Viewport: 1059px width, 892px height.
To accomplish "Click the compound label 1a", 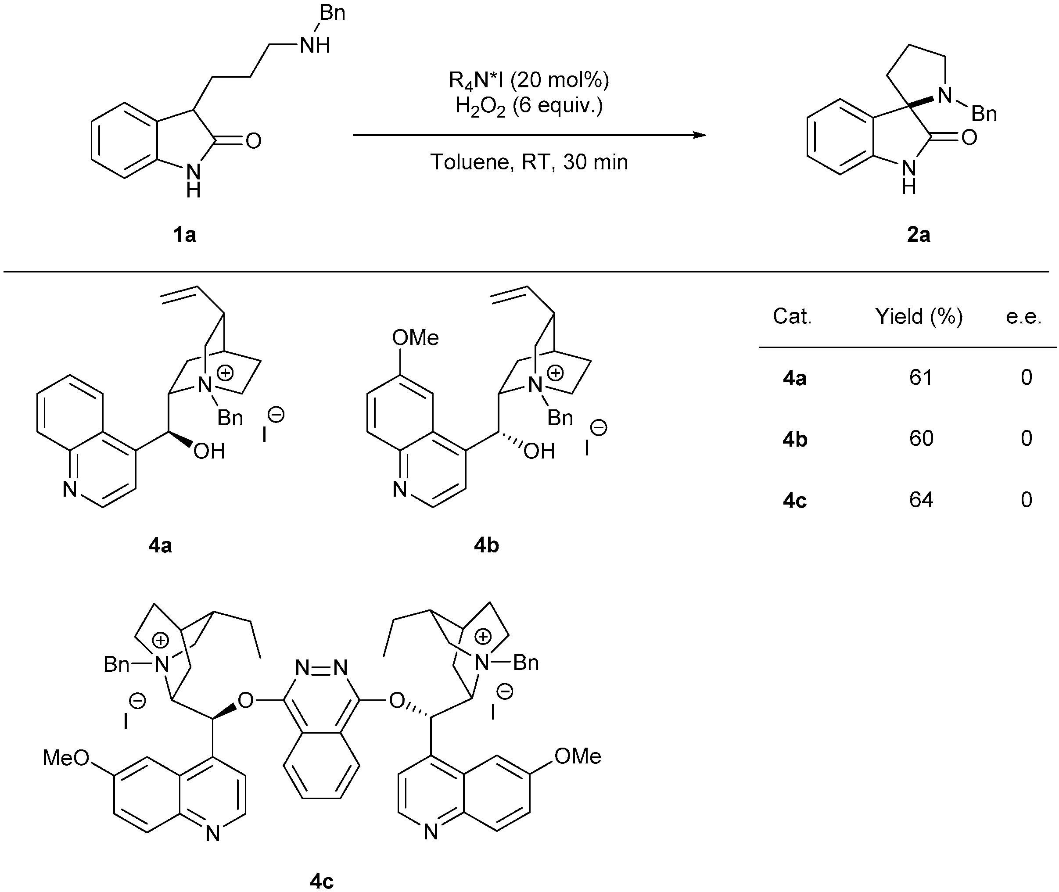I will click(x=185, y=235).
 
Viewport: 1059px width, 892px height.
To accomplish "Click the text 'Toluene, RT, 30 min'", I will click(x=529, y=162).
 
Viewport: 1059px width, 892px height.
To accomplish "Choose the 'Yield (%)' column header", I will click(x=919, y=316).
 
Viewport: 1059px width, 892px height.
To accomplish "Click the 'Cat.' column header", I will click(x=792, y=316).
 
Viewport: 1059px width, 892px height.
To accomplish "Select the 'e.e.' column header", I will click(x=1023, y=316).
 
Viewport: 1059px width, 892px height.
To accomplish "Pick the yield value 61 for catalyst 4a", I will click(x=920, y=377).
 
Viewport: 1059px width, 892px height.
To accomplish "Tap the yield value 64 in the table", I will click(x=920, y=500).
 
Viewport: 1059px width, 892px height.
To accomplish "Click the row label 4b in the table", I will click(x=794, y=439).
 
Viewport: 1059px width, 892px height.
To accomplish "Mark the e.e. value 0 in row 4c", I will click(x=1026, y=500).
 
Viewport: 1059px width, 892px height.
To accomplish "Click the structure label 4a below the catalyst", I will click(x=160, y=545).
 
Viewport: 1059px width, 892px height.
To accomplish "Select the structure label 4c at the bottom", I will click(x=322, y=881).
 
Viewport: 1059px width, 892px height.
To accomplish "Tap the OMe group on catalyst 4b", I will click(x=415, y=338).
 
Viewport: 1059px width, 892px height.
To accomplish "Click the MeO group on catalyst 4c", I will click(x=66, y=757).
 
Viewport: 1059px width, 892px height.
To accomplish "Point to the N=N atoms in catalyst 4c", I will click(x=322, y=668).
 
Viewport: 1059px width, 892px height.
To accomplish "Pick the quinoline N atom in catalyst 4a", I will click(x=70, y=489).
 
